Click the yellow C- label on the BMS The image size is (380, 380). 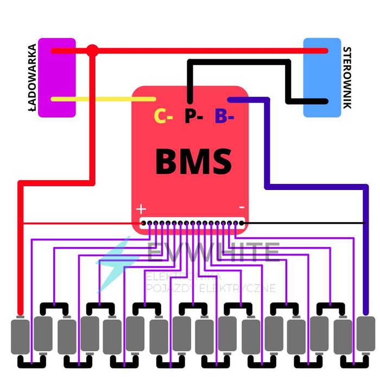click(163, 116)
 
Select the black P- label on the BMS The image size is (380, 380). click(193, 116)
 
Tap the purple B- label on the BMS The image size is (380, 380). click(224, 116)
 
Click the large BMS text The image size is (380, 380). click(193, 162)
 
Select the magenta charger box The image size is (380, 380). click(56, 77)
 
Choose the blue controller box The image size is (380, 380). click(322, 77)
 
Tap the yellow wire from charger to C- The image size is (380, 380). click(103, 99)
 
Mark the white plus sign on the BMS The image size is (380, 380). click(141, 208)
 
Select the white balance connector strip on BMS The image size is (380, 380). click(192, 223)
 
